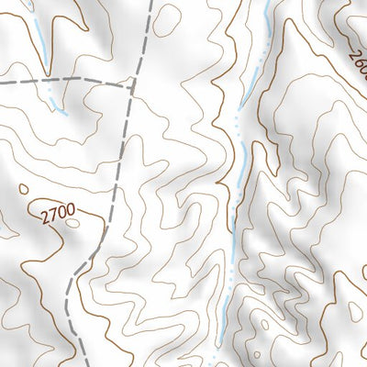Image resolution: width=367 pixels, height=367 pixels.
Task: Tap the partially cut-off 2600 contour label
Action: (x=358, y=63)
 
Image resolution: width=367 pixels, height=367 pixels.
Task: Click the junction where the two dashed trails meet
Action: (x=134, y=81)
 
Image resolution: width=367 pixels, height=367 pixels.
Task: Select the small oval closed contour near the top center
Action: (x=166, y=20)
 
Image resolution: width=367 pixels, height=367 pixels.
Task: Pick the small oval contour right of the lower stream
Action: (x=266, y=323)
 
